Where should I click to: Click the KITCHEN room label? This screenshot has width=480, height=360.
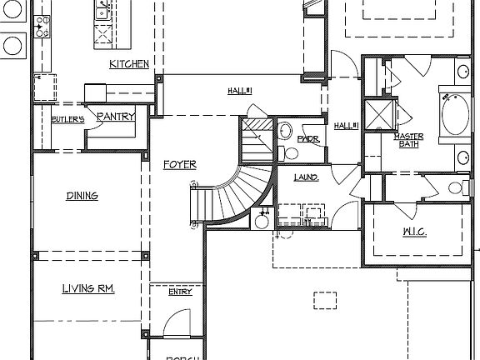click(129, 64)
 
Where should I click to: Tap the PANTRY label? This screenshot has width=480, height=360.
click(116, 117)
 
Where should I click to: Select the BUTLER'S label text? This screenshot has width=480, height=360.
click(67, 120)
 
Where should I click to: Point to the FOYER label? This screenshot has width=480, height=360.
click(179, 165)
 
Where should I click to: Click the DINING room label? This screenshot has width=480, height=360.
click(82, 197)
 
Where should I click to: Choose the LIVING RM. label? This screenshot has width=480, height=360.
click(87, 289)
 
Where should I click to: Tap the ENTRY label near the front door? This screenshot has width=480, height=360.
click(179, 292)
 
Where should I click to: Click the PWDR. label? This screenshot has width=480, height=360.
click(308, 139)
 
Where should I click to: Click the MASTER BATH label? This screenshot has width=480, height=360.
click(408, 140)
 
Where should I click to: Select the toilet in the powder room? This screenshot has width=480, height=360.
click(284, 130)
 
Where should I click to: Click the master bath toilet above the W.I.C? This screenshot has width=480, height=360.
click(455, 187)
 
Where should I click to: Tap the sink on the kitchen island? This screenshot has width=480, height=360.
click(103, 11)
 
